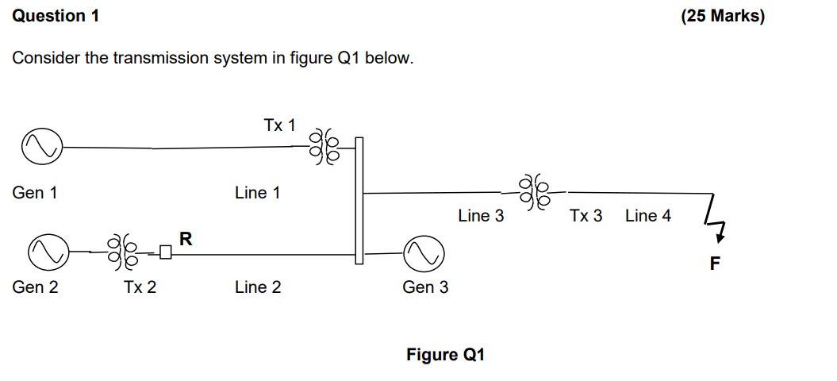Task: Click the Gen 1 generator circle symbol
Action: tap(42, 148)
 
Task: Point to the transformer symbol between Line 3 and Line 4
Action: tap(534, 192)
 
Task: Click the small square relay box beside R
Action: tap(166, 253)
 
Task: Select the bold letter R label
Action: tap(186, 237)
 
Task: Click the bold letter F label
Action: tap(715, 264)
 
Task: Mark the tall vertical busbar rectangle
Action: tap(359, 200)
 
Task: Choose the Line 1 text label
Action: tap(257, 193)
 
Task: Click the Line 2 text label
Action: tap(257, 287)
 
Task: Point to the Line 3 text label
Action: tap(480, 216)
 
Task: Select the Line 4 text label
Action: tap(647, 216)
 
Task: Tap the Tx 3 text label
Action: tap(586, 216)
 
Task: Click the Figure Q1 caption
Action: tap(445, 355)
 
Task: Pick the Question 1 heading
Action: tap(56, 16)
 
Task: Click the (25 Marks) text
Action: tap(722, 16)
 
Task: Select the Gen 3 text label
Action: tap(425, 287)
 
